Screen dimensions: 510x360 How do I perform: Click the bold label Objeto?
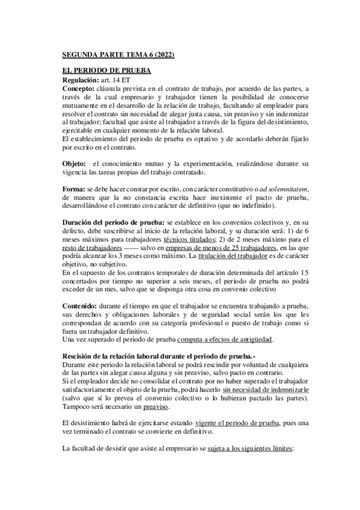(x=75, y=164)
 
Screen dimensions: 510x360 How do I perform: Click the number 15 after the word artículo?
(x=288, y=272)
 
